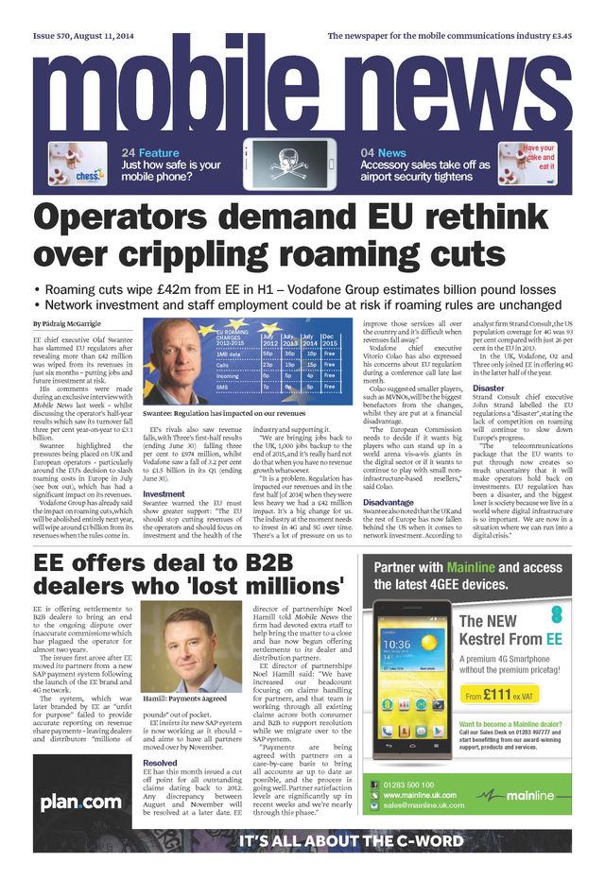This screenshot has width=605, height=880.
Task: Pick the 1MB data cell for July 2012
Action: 269,352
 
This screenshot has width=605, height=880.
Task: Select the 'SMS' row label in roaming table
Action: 224,386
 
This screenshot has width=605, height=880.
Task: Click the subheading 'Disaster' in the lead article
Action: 489,388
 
